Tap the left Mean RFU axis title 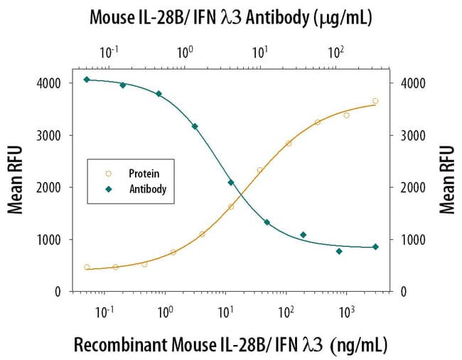[15, 181]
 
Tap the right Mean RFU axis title [446, 181]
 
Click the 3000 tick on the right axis [412, 135]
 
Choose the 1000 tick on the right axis [412, 240]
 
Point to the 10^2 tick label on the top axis [335, 51]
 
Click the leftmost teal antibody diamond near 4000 [87, 79]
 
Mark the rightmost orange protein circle [375, 101]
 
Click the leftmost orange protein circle [87, 268]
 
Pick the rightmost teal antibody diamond [375, 247]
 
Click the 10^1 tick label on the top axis [260, 51]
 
